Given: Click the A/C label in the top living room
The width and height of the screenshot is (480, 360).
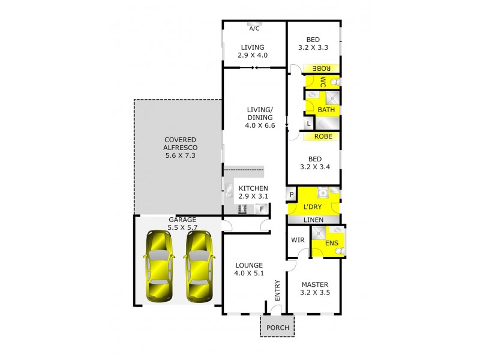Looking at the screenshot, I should pyautogui.click(x=254, y=28).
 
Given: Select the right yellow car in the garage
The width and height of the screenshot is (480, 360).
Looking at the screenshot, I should pyautogui.click(x=199, y=266).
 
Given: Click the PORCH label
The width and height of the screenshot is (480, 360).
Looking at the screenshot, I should pyautogui.click(x=278, y=328).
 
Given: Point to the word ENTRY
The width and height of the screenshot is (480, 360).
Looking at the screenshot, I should pyautogui.click(x=277, y=290).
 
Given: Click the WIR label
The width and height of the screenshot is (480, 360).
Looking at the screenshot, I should pyautogui.click(x=298, y=240).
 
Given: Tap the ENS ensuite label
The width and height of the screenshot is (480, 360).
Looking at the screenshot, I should pyautogui.click(x=331, y=243).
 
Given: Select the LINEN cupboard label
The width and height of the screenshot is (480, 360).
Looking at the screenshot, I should pyautogui.click(x=314, y=220).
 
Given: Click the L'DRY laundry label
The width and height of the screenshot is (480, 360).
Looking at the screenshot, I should pyautogui.click(x=313, y=206).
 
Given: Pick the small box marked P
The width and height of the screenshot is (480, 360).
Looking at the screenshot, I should pyautogui.click(x=292, y=194).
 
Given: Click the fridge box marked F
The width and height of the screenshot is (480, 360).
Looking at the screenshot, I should pyautogui.click(x=262, y=209).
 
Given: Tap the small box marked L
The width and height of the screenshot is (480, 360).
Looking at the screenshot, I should pyautogui.click(x=308, y=124).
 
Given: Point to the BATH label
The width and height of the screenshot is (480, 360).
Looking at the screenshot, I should pyautogui.click(x=326, y=110).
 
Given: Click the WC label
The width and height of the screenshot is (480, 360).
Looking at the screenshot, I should pyautogui.click(x=323, y=82).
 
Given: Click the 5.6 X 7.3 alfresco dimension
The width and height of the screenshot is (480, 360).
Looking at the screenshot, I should pyautogui.click(x=181, y=155).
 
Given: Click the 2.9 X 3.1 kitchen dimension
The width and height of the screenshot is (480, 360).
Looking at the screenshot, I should pyautogui.click(x=253, y=196).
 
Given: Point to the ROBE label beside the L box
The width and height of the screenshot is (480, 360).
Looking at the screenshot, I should pyautogui.click(x=322, y=136).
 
